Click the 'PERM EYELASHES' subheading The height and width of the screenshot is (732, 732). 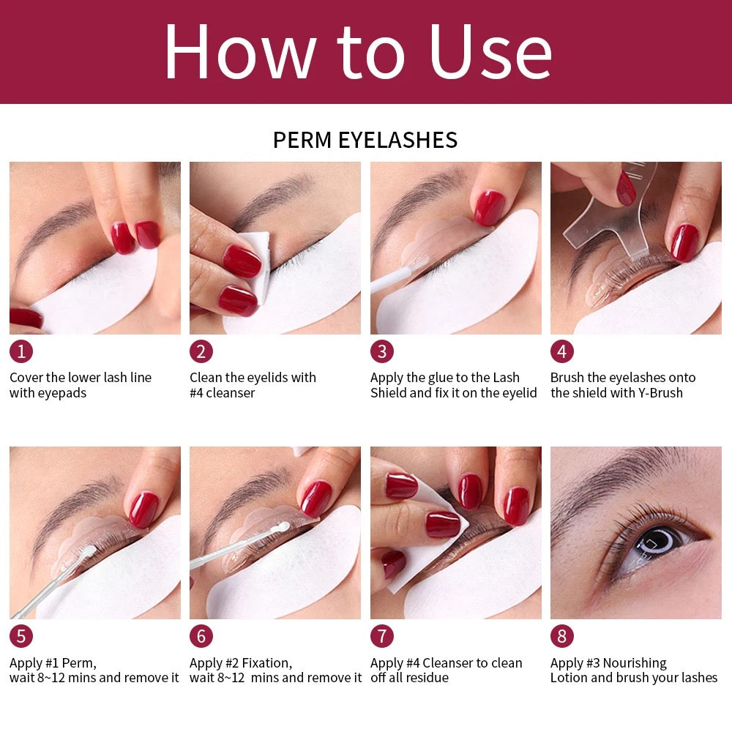[x=365, y=140]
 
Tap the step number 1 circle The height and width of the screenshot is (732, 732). [x=20, y=351]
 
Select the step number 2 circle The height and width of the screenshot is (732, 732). [x=201, y=351]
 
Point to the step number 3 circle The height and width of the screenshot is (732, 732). [x=381, y=351]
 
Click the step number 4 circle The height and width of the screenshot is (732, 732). [x=562, y=351]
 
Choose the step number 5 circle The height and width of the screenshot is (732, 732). [x=20, y=636]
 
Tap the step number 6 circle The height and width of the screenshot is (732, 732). [x=201, y=636]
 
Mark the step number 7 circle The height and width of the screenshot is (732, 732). [x=381, y=636]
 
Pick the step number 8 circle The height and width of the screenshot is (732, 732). [x=562, y=636]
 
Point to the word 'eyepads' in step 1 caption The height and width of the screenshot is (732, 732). [x=61, y=393]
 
